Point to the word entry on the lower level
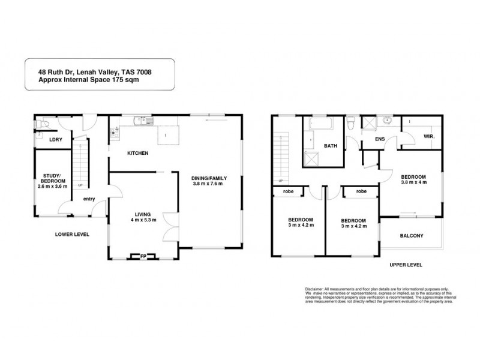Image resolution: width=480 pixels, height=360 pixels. (89, 199)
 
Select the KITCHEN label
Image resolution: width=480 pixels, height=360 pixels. (137, 154)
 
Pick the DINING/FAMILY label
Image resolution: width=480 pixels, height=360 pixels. (206, 177)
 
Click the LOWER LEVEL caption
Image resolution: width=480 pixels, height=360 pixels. (72, 234)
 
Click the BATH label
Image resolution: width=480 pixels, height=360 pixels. (331, 146)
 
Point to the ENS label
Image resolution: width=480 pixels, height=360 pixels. (380, 139)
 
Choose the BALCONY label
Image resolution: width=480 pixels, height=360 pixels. (412, 236)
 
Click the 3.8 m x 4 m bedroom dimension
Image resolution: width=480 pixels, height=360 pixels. (413, 182)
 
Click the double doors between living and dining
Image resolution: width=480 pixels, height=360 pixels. (173, 226)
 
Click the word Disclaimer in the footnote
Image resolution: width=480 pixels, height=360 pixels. (300, 289)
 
